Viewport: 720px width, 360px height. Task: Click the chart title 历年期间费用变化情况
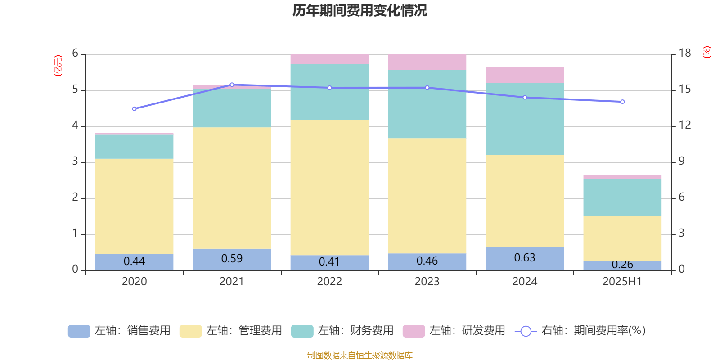pos(360,10)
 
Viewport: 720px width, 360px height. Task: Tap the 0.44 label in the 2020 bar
pos(134,261)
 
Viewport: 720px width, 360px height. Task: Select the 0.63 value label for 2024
pos(525,258)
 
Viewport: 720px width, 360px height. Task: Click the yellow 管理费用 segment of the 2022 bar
pos(329,187)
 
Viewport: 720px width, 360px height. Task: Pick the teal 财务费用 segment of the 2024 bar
pos(525,119)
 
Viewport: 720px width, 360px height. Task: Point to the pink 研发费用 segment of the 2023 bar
pos(427,62)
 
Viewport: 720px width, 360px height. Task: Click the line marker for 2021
pos(232,85)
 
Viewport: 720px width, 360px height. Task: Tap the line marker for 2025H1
pos(622,102)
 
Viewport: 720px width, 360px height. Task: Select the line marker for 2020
pos(134,109)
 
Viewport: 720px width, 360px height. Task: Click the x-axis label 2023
pos(427,282)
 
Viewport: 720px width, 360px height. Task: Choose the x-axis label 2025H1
pos(622,282)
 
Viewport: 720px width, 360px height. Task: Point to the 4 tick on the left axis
pos(75,126)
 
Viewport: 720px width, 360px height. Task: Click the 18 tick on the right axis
pos(685,53)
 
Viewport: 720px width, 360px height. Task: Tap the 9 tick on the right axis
pos(681,161)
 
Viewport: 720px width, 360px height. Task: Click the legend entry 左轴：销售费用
pos(119,331)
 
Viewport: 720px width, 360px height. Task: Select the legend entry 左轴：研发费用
pos(454,331)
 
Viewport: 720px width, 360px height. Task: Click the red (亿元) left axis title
pos(58,66)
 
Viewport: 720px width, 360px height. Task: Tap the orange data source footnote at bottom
pos(360,355)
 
